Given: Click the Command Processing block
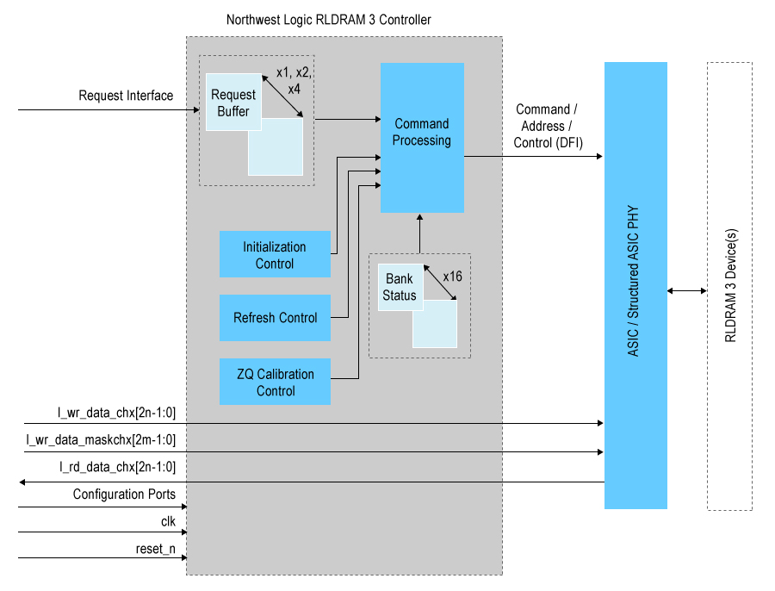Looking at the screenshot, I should (422, 138).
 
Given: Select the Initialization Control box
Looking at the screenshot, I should (275, 254).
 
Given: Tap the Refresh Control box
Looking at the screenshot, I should (275, 318).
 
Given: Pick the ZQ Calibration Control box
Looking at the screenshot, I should (275, 382).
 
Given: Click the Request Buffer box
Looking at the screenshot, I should (232, 103).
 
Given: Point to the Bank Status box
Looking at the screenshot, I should (400, 287).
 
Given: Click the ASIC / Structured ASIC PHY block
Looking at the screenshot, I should (635, 285).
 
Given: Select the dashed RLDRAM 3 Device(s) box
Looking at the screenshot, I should (729, 285).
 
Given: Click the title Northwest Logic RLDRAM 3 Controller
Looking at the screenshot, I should (328, 20).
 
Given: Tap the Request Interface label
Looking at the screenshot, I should (126, 96).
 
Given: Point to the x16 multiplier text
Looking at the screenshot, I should (454, 277).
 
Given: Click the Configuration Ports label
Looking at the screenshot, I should (124, 495).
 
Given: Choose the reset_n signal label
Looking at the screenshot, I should (155, 548).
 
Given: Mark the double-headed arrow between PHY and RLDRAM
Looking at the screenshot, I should (686, 291).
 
